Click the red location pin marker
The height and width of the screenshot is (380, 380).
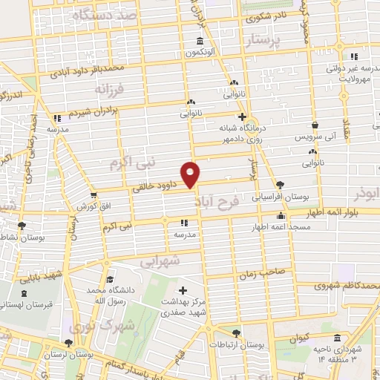click(191, 174)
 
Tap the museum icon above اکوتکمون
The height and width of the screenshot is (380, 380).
click(199, 42)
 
